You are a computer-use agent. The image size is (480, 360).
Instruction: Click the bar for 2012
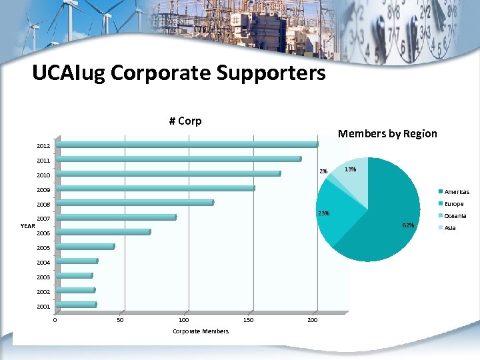point(187,145)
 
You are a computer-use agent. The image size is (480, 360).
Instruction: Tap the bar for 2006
point(103,232)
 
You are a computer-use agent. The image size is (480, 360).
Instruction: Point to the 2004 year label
point(43,263)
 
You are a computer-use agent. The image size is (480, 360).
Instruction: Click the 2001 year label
point(43,307)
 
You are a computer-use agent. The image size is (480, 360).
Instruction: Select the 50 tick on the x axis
point(120,321)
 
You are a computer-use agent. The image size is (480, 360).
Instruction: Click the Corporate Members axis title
point(201,331)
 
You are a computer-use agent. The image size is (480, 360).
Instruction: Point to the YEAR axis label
point(28,226)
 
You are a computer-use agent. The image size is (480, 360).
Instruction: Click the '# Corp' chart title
point(185,121)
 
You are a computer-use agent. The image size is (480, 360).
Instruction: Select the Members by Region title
point(387,133)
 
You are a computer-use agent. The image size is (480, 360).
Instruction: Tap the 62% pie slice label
point(408,225)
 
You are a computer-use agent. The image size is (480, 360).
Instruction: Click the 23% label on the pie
point(324,213)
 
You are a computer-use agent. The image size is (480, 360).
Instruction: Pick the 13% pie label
point(350,169)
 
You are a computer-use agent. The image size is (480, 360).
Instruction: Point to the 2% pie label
point(323,171)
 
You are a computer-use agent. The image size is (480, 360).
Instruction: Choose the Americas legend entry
point(456,192)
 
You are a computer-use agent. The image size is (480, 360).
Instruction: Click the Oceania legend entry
point(455,216)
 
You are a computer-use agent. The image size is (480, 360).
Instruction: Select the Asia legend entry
point(450,228)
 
